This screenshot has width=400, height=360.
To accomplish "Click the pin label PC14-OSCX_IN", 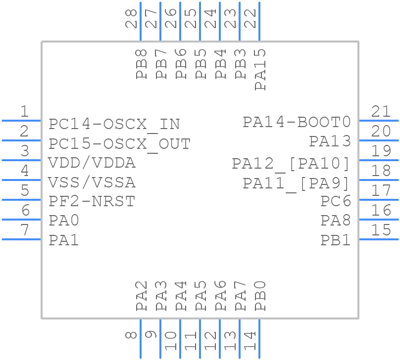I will pyautogui.click(x=114, y=124).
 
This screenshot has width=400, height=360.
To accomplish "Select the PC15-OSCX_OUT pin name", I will pyautogui.click(x=119, y=144).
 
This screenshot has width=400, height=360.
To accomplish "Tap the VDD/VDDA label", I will pyautogui.click(x=92, y=163).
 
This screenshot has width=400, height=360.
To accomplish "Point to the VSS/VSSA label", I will pyautogui.click(x=92, y=182).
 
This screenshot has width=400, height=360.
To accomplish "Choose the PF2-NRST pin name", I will pyautogui.click(x=92, y=202).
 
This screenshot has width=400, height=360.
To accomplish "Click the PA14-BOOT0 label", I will pyautogui.click(x=297, y=122).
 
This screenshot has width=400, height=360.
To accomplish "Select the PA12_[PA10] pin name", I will pyautogui.click(x=291, y=163).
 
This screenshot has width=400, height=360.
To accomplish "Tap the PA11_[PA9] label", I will pyautogui.click(x=297, y=183).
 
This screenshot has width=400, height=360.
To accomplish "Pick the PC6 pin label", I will pyautogui.click(x=336, y=201).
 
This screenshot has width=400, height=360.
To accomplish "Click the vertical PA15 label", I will pyautogui.click(x=260, y=69).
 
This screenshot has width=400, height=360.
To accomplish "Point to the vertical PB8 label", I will pyautogui.click(x=142, y=64).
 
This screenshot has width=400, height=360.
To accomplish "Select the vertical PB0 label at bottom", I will pyautogui.click(x=260, y=296).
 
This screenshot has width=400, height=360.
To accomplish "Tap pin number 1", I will pyautogui.click(x=24, y=112).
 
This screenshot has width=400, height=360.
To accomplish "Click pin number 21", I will pyautogui.click(x=381, y=112).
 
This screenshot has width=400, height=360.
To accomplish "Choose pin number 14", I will pyautogui.click(x=250, y=341).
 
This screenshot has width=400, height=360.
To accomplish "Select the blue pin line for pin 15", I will pyautogui.click(x=378, y=239).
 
